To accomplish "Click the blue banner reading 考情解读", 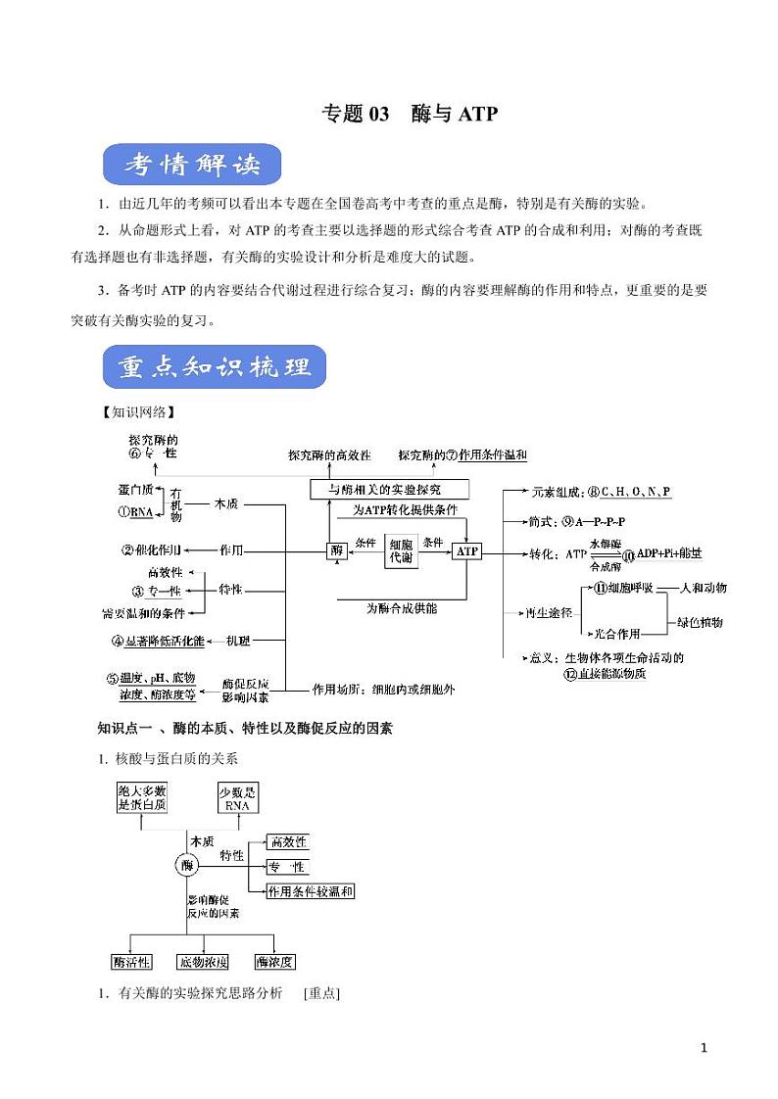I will tap(192, 166).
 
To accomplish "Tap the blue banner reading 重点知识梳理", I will tap(214, 368).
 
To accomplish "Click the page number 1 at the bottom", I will tap(704, 1048).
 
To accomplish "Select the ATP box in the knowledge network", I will tap(466, 551).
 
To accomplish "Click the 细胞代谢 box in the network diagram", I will tap(401, 550).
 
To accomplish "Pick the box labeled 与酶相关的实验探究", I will tap(389, 488).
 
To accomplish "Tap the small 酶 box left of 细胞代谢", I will tap(337, 551).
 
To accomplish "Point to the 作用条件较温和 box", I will tap(311, 891).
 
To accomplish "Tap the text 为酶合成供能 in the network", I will tap(402, 608).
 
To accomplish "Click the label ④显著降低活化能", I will tap(171, 641).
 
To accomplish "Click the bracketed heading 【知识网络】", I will tap(131, 411).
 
